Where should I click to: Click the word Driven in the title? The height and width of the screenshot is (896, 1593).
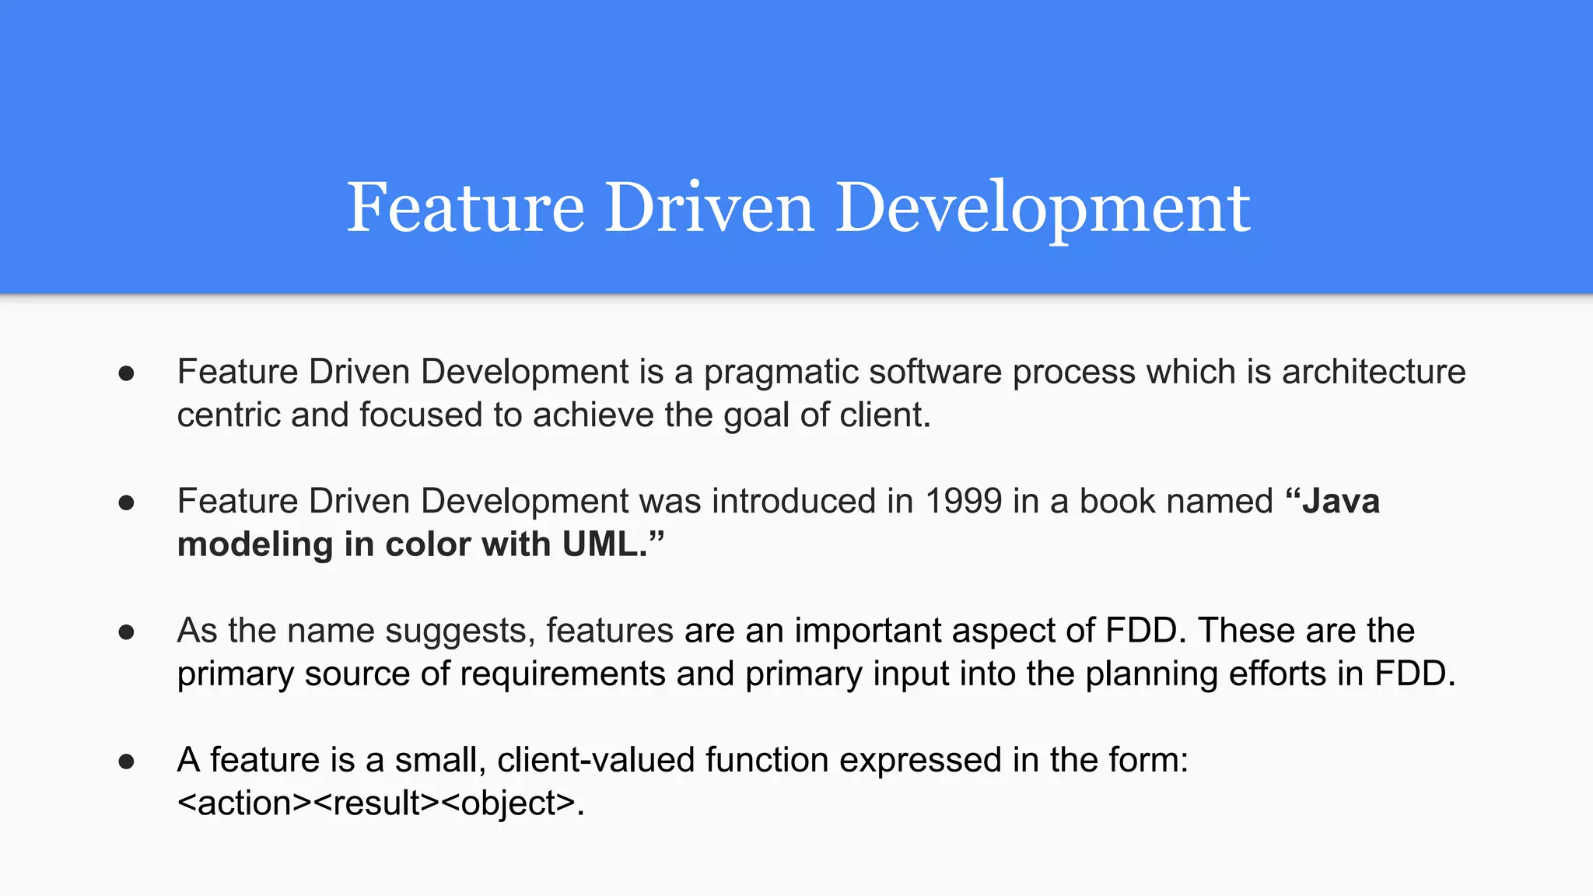point(709,208)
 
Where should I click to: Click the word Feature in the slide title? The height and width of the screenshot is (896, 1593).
point(465,208)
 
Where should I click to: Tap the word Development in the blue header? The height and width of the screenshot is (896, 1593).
point(1042,208)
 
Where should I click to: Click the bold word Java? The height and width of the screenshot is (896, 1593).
point(1340,501)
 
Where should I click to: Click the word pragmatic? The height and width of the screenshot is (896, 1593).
point(780,372)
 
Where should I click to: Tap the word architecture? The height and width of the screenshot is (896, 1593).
point(1374,372)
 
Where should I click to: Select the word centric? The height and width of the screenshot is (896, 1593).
point(229,415)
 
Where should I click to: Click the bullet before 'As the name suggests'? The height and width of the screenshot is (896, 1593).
point(127,632)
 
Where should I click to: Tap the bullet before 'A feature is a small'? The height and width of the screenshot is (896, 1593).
point(127,761)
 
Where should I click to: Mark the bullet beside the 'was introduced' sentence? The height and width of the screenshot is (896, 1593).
point(127,502)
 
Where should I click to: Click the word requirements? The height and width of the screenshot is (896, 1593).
point(562,674)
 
